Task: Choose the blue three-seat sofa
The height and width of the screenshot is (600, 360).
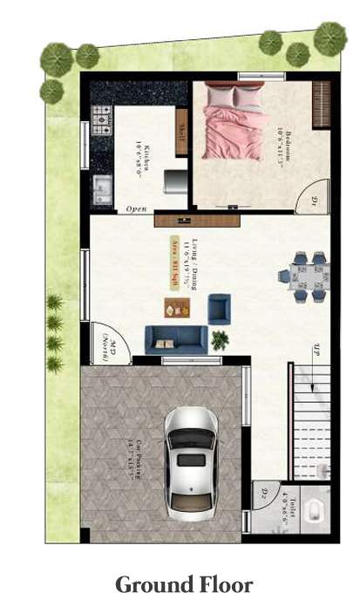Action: (x=175, y=339)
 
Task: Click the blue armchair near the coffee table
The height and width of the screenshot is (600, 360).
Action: (x=220, y=308)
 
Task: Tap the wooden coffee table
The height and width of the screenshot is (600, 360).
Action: (x=177, y=308)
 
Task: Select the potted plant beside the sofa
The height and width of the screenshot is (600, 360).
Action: (x=220, y=340)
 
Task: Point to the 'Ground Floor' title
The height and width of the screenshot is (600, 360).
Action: (x=184, y=583)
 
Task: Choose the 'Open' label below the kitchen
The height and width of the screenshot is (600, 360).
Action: (x=136, y=209)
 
